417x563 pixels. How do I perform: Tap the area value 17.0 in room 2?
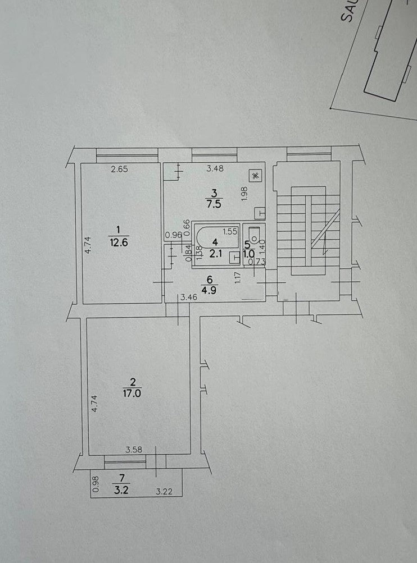point(132,393)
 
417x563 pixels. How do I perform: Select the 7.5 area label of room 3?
point(215,203)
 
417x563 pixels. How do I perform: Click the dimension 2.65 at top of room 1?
point(119,169)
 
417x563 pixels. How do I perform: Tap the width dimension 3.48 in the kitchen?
point(214,168)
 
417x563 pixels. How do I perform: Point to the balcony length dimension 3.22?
point(163,492)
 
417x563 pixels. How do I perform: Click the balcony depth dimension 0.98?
point(95,484)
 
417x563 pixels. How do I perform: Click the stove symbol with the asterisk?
point(256,176)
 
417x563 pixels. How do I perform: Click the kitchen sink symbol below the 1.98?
point(260,213)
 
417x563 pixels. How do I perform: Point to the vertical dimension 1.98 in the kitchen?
point(244,193)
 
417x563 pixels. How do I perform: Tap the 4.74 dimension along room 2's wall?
point(94,404)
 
